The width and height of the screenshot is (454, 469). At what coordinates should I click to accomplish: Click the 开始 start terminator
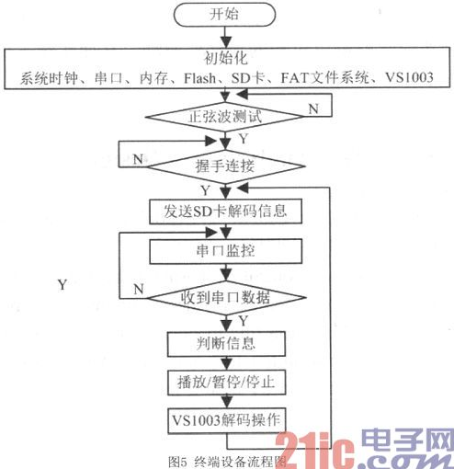click(x=224, y=15)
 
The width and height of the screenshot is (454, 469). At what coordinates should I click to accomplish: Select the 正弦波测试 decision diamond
click(x=225, y=117)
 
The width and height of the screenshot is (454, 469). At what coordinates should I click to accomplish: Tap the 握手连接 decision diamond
click(x=226, y=166)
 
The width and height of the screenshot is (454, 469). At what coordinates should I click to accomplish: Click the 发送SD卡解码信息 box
click(x=225, y=212)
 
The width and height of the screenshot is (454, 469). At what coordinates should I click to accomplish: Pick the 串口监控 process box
click(x=225, y=251)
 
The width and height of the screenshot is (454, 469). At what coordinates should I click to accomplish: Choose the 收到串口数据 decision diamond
click(x=226, y=298)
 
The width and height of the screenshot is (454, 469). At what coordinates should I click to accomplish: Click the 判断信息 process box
click(x=226, y=344)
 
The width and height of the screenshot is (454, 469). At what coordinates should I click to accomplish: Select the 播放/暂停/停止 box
click(x=226, y=383)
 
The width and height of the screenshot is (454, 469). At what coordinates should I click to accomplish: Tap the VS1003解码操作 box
click(x=226, y=420)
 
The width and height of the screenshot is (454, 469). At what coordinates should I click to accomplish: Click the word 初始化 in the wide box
click(x=226, y=58)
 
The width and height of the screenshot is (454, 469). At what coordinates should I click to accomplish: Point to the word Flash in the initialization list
click(x=200, y=78)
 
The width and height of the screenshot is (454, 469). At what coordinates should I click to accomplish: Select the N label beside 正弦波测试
click(x=313, y=109)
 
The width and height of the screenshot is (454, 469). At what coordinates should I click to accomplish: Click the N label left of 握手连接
click(x=138, y=159)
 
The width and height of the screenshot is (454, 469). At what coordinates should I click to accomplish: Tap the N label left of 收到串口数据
click(x=139, y=289)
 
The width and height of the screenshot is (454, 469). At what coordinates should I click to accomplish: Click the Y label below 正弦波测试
click(x=244, y=139)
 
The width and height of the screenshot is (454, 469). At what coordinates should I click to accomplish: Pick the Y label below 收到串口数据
click(x=244, y=321)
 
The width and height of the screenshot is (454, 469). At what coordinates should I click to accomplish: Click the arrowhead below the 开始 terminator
click(x=226, y=42)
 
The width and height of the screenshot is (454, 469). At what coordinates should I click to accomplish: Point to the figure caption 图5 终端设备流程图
click(x=227, y=462)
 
